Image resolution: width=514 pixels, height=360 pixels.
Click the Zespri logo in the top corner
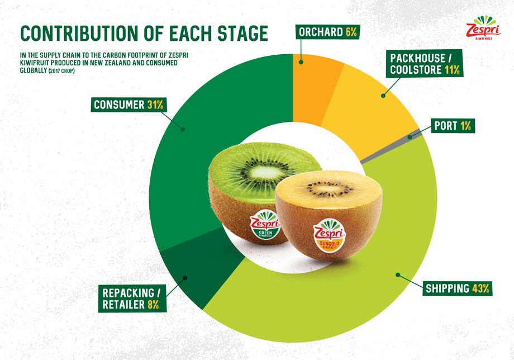[x=483, y=28]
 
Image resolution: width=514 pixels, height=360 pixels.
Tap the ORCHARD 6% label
[x=328, y=32]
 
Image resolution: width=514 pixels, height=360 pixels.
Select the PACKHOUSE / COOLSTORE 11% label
[x=425, y=64]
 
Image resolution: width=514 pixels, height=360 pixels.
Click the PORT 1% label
[x=453, y=126]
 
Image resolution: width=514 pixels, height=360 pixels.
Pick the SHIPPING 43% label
[x=457, y=288]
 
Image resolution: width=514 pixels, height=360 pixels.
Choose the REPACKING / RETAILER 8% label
[x=132, y=299]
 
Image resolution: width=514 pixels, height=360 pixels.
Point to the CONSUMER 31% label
[x=128, y=105]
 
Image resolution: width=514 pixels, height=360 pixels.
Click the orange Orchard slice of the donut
[x=315, y=88]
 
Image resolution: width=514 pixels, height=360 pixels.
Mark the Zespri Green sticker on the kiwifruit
[x=265, y=225]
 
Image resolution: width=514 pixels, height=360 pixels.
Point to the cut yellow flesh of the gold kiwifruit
[x=329, y=187]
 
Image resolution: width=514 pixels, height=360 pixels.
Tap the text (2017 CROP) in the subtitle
[x=61, y=71]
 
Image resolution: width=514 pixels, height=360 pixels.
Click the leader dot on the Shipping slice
[x=398, y=275]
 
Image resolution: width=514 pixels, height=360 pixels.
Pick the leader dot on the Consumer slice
[x=183, y=130]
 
